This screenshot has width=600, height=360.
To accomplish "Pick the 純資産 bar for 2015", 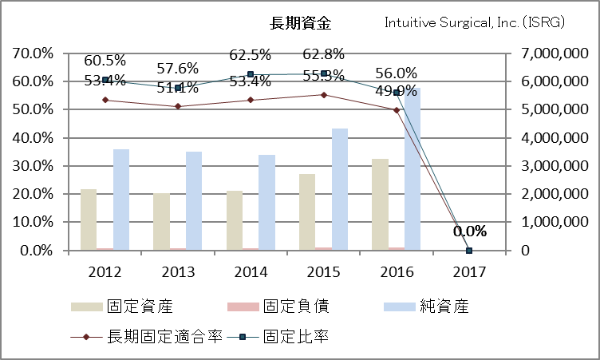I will (x=339, y=189).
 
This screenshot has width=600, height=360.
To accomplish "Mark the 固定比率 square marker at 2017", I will (x=469, y=251).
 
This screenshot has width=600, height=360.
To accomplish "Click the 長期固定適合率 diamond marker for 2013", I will (x=178, y=106).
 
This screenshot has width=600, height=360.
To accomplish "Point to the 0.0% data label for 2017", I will (x=469, y=231).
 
